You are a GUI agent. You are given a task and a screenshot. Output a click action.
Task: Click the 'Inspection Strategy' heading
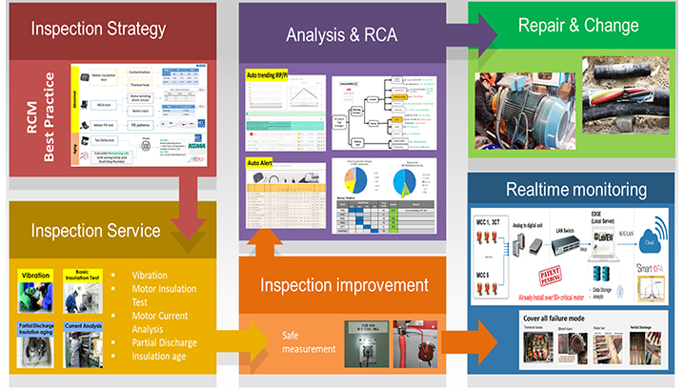tap(99, 29)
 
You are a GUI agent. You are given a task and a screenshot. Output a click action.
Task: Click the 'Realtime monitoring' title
tap(575, 190)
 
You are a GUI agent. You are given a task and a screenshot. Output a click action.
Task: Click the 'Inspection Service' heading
tap(100, 231)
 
